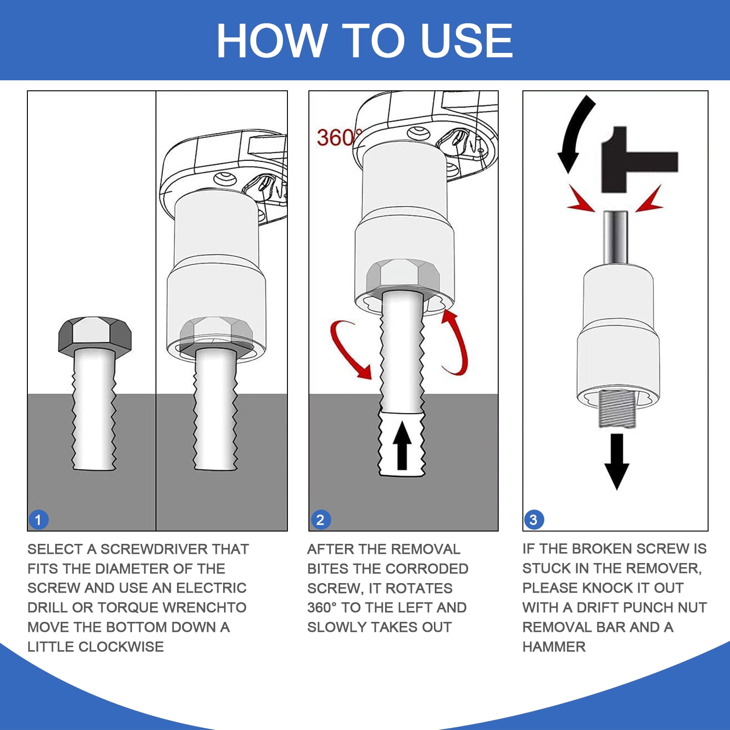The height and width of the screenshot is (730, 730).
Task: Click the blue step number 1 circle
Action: (38, 520)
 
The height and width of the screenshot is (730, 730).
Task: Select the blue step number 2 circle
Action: (320, 520)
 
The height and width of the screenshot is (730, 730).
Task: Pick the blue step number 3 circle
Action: (534, 520)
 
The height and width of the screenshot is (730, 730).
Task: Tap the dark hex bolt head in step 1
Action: (95, 334)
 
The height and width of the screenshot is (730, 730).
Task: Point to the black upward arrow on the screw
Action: (402, 445)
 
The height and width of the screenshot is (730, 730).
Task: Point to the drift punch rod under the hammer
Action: (616, 237)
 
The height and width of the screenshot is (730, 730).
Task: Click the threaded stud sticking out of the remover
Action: (617, 409)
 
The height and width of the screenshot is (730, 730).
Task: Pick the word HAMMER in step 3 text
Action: (554, 647)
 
